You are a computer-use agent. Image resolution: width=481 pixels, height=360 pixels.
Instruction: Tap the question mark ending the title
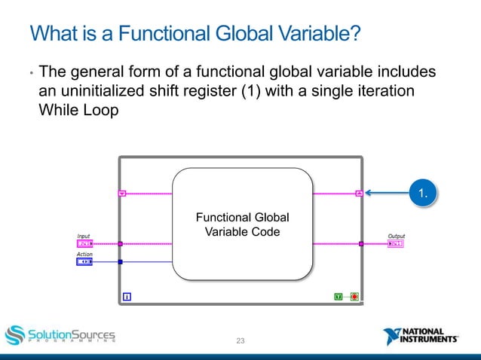[355, 34]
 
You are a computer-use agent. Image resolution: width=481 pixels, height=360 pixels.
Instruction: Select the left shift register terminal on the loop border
[123, 194]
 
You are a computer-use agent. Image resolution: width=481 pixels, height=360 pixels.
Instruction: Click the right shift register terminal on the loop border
[360, 194]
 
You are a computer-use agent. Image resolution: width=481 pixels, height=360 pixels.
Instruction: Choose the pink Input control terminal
[84, 244]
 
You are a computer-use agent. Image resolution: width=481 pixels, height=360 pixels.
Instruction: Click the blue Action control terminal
[84, 262]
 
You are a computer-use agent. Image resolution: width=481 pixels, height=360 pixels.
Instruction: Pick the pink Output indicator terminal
[396, 244]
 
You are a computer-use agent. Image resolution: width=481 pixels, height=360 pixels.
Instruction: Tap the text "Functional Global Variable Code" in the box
[242, 225]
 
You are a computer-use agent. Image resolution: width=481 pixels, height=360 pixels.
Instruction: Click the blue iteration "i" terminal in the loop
[127, 297]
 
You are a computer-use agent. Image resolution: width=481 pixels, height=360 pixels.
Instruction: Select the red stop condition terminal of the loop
[354, 297]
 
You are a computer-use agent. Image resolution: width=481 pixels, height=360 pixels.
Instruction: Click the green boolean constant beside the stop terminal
[339, 297]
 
